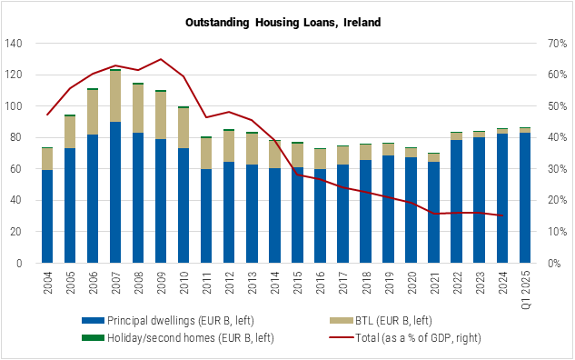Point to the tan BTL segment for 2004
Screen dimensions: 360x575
(47, 159)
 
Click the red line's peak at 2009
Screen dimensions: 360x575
(161, 59)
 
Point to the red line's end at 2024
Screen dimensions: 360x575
(501, 215)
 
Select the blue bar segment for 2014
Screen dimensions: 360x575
(274, 215)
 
